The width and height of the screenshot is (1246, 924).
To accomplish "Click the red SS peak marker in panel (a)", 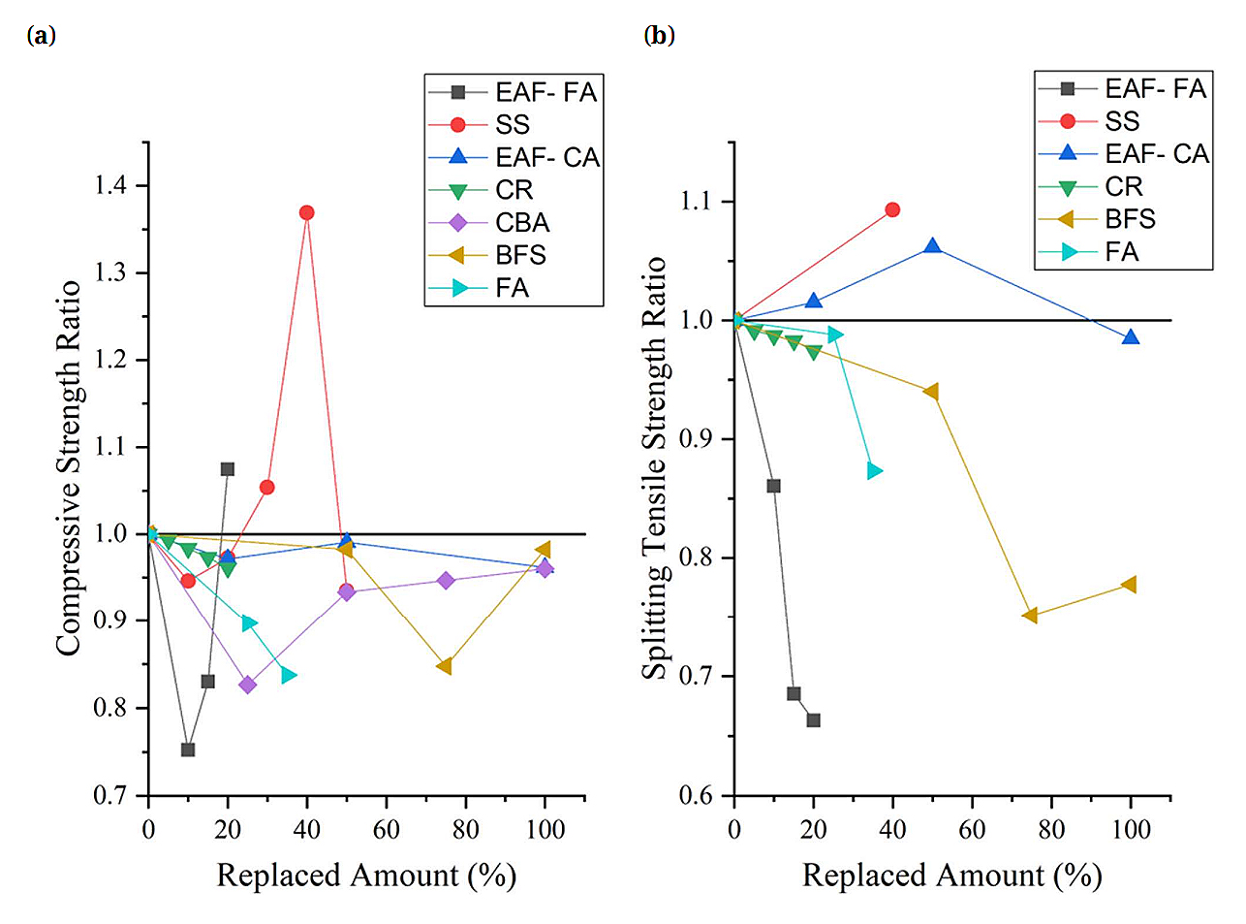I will pos(307,212).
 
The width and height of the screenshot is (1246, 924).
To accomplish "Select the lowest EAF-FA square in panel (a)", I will pos(188,749).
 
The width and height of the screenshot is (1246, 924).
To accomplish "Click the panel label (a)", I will pos(42,36).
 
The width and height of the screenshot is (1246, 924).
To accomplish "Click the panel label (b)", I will pos(659,36).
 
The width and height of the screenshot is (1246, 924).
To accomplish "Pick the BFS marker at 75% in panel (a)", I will pos(445,666).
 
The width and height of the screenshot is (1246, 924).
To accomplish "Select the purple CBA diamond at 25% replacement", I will pos(247,685).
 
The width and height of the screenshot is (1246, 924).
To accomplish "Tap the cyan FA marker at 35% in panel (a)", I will pos(288,675).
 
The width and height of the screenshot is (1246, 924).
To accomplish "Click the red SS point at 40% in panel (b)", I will pos(892,209).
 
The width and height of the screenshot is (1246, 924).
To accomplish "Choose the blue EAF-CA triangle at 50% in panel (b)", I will pos(932,246).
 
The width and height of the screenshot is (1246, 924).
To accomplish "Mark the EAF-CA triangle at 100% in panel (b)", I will pos(1130,337).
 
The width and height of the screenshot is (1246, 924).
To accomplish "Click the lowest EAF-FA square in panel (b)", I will pos(813,720).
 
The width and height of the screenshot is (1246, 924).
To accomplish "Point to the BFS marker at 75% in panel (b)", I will pos(1031,616).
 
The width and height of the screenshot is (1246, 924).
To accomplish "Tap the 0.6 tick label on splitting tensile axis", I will pos(698,796).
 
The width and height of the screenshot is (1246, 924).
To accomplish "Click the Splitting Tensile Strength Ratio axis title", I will pos(655,468).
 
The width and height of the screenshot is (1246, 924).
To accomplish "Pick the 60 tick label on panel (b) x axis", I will pos(972,830).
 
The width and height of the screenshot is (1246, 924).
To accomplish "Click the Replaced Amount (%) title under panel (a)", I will pos(366,876).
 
